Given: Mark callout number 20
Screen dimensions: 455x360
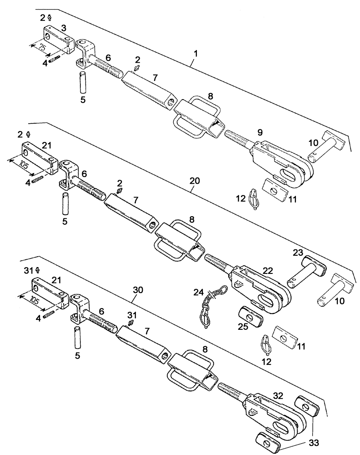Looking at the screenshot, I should (195, 181).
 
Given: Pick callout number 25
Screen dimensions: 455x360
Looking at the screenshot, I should (243, 326).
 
